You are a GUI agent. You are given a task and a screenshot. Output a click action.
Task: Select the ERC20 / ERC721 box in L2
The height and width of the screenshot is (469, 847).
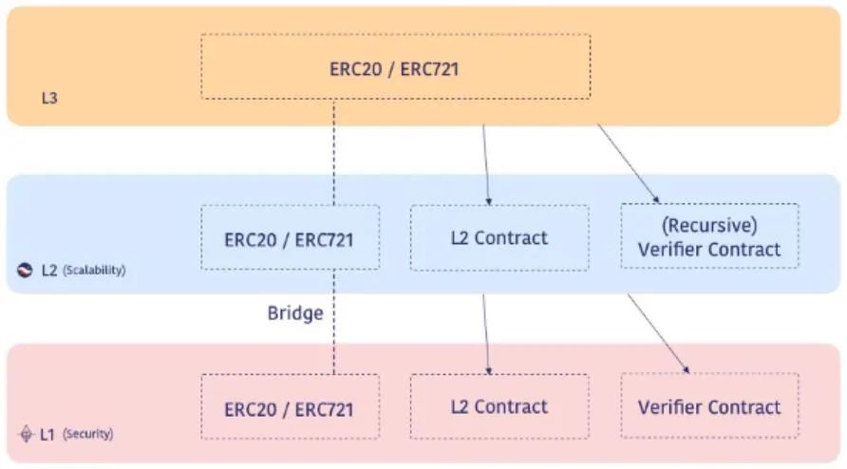(x=290, y=238)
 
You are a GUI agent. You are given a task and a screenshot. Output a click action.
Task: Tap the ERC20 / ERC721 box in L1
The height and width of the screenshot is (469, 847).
(x=290, y=407)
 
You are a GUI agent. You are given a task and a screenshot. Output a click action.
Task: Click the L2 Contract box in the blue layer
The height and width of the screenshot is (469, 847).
(x=499, y=237)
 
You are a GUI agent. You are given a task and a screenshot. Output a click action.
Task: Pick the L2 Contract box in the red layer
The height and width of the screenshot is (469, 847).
(x=499, y=406)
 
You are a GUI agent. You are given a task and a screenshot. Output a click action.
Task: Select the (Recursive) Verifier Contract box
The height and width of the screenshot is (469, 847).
(x=709, y=236)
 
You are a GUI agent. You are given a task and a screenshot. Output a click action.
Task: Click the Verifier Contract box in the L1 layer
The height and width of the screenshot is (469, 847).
(x=709, y=406)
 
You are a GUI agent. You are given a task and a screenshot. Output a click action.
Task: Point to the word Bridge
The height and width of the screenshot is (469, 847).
(x=294, y=312)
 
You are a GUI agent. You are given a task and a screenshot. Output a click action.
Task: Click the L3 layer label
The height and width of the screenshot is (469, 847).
(x=49, y=98)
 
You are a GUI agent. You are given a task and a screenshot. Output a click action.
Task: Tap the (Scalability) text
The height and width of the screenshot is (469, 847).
(x=94, y=271)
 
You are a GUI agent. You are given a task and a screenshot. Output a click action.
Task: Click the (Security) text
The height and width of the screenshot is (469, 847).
(x=87, y=434)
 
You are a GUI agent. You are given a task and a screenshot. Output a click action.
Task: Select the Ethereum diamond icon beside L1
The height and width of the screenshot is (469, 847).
(x=26, y=434)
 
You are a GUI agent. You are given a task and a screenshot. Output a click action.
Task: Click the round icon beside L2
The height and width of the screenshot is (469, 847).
(x=26, y=271)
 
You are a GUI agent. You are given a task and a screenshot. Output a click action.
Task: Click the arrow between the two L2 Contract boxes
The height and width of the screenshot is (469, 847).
(x=486, y=332)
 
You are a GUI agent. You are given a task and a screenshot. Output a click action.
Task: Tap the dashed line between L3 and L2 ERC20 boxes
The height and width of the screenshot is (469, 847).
(x=333, y=152)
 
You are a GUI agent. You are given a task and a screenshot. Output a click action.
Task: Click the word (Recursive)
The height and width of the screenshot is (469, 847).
(x=709, y=225)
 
